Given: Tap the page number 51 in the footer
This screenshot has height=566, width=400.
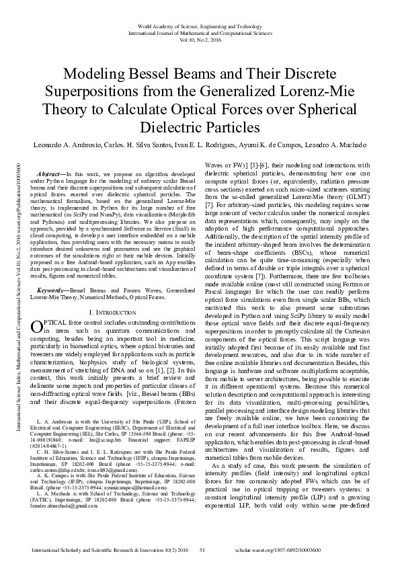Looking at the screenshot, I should pyautogui.click(x=202, y=551).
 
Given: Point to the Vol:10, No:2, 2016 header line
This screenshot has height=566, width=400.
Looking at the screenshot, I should pyautogui.click(x=200, y=40).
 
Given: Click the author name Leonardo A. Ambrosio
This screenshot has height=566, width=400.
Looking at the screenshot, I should pyautogui.click(x=63, y=145).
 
